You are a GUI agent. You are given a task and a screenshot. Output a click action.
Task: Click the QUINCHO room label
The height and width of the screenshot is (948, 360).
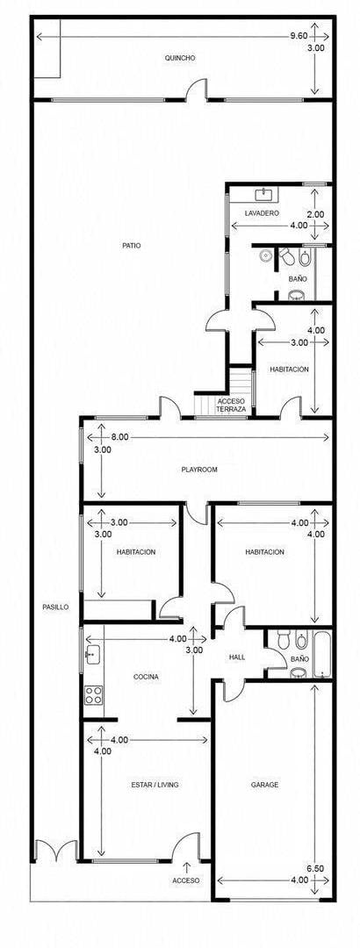[180, 58]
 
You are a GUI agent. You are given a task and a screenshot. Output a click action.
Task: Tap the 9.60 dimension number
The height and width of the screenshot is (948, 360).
[299, 36]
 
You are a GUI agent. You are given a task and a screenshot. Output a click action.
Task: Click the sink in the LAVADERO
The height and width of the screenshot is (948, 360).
[264, 195]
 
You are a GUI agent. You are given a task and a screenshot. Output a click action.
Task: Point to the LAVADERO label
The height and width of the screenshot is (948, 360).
[262, 213]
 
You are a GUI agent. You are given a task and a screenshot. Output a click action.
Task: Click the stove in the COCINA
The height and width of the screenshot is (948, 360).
[93, 694]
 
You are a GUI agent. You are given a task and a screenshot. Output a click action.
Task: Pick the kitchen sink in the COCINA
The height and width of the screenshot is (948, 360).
[92, 654]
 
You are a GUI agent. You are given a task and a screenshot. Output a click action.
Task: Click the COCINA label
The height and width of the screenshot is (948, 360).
[146, 677]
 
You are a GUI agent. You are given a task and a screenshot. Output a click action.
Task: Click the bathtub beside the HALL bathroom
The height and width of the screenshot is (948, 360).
[322, 654]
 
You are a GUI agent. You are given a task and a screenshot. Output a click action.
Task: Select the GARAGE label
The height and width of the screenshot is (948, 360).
[264, 785]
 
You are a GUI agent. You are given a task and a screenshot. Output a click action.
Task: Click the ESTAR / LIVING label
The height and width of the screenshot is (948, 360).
[155, 785]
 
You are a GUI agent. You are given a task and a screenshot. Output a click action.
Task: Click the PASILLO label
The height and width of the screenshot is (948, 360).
[55, 607]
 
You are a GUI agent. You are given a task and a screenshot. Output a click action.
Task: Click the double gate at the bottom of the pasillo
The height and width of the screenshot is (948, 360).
[55, 851]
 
